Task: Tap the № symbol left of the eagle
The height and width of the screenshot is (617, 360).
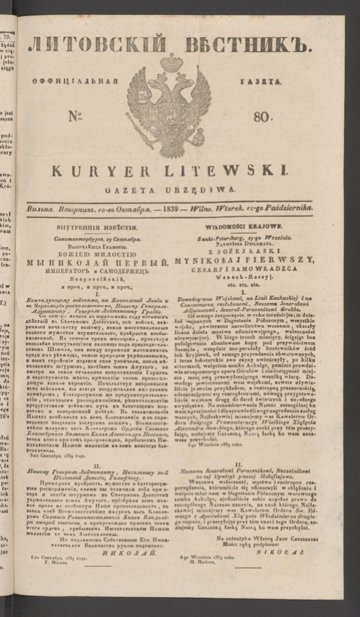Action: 79,117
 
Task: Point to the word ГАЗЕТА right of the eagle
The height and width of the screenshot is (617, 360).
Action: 259,81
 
